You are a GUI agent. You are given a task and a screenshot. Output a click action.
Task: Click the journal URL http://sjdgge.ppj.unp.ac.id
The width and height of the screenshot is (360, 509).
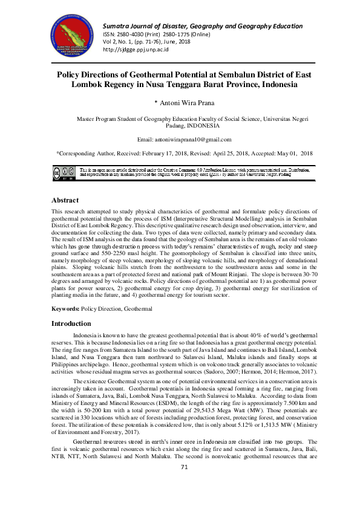click(x=136, y=50)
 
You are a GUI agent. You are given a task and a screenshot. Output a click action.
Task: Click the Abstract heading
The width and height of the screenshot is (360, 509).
click(x=64, y=200)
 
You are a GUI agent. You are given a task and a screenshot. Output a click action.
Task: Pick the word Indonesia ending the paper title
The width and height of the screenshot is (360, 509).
click(x=284, y=85)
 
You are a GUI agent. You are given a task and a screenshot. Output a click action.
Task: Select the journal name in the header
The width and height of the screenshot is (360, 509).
click(x=203, y=26)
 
